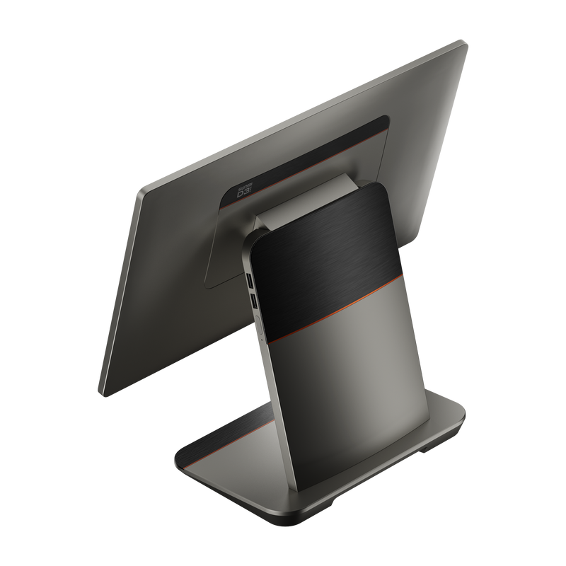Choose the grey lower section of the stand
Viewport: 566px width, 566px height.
(x=354, y=382)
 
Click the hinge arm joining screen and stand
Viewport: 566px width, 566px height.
(x=283, y=212)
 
